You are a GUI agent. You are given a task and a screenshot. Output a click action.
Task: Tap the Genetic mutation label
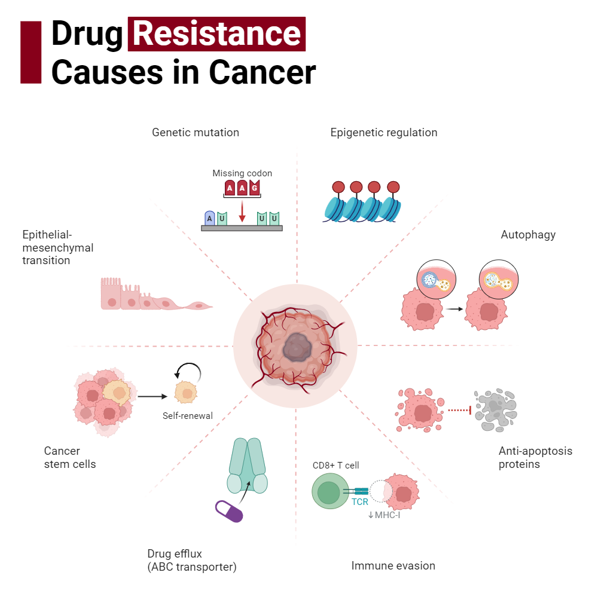pyautogui.click(x=195, y=133)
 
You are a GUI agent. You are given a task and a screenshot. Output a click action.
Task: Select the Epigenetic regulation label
pyautogui.click(x=383, y=133)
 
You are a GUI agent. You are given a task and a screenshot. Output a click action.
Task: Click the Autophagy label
pyautogui.click(x=528, y=235)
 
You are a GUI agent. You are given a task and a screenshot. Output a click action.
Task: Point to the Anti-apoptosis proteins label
pyautogui.click(x=535, y=457)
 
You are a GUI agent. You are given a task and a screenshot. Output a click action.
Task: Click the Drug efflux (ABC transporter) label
pyautogui.click(x=191, y=560)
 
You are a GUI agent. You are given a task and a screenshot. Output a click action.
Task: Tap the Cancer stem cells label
pyautogui.click(x=69, y=457)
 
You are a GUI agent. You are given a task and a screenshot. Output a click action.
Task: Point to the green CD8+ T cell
pyautogui.click(x=328, y=492)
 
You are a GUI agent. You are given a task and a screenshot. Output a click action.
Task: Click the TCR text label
pyautogui.click(x=360, y=502)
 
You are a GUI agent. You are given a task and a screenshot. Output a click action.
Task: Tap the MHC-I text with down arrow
pyautogui.click(x=384, y=515)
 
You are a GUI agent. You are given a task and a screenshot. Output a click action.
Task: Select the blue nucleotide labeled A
pyautogui.click(x=209, y=218)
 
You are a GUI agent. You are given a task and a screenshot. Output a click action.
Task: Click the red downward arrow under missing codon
pyautogui.click(x=242, y=211)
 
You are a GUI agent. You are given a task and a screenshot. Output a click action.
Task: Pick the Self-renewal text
pyautogui.click(x=188, y=416)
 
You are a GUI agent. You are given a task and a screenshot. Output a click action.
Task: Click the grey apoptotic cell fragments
pyautogui.click(x=495, y=411)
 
